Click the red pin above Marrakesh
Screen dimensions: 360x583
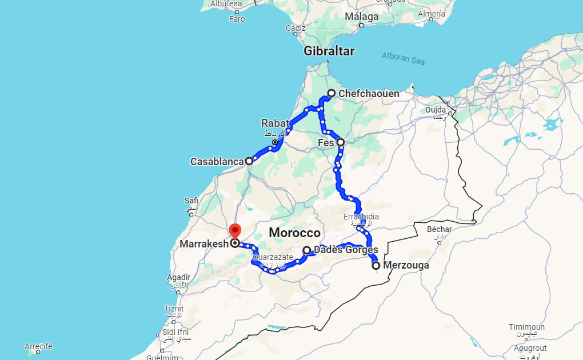pos(235,231)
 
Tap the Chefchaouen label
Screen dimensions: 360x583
pos(369,94)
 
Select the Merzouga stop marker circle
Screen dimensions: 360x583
pos(376,265)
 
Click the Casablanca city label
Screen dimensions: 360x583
pos(217,162)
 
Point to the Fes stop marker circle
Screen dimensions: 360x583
pos(341,142)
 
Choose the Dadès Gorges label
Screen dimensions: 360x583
pos(346,250)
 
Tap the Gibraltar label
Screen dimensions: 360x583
pos(329,51)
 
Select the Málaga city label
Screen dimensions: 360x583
pos(361,17)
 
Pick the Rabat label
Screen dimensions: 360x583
pos(275,123)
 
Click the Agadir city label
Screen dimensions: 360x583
pos(178,278)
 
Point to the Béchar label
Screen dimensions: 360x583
pos(440,229)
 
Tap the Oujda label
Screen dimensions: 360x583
pos(436,110)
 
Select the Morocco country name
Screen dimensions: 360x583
pos(295,233)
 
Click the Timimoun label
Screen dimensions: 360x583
pos(526,327)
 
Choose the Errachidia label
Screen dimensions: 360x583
pos(361,217)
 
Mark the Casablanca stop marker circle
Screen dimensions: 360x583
pos(249,161)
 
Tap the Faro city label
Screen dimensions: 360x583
pos(237,19)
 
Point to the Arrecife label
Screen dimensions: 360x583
pos(39,346)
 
